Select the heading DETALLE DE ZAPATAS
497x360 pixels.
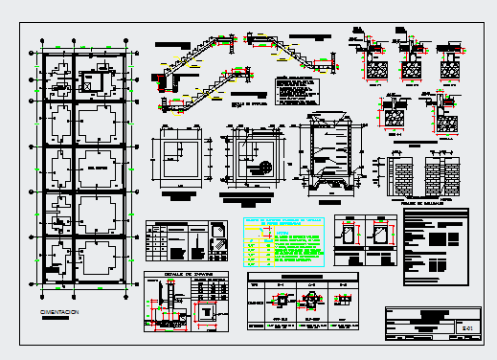tap(185, 273)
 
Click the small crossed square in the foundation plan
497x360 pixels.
tap(89, 85)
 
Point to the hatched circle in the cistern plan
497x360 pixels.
tap(261, 168)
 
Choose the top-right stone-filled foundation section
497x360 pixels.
tap(448, 69)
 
